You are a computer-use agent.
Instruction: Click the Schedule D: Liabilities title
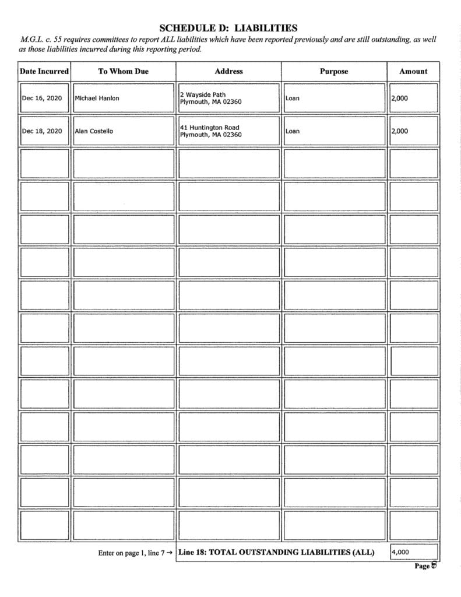click(x=228, y=27)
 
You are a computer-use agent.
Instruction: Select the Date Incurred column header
click(x=44, y=71)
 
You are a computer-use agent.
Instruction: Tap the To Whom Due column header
click(x=123, y=71)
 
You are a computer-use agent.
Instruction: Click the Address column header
click(x=228, y=71)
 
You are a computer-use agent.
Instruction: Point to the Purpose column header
click(x=334, y=71)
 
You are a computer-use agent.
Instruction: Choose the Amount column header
click(x=413, y=71)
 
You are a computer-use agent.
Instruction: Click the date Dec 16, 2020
click(x=42, y=98)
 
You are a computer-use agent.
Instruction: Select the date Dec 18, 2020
click(x=42, y=131)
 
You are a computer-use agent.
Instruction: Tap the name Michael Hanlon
click(x=97, y=98)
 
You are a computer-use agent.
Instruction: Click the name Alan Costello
click(x=94, y=131)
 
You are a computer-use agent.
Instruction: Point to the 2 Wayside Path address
click(x=211, y=98)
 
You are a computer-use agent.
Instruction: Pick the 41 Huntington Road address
click(x=211, y=131)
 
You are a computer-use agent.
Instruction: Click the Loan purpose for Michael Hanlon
click(x=293, y=98)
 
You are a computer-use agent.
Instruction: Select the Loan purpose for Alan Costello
click(x=293, y=131)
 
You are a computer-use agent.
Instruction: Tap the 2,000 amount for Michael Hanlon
click(x=400, y=98)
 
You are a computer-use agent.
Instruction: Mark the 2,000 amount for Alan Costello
click(x=400, y=131)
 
